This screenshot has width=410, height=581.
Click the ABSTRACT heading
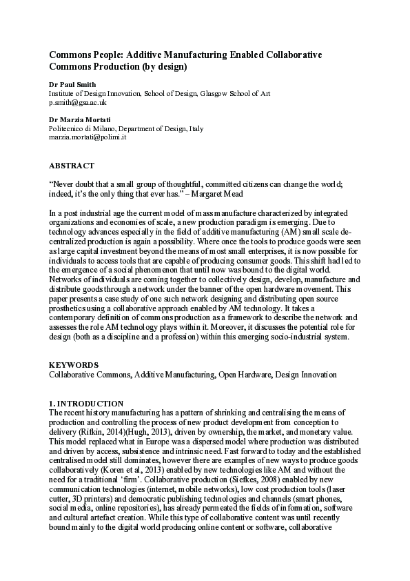(x=71, y=166)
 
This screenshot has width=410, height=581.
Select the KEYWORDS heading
(x=73, y=364)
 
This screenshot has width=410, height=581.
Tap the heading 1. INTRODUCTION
(x=86, y=403)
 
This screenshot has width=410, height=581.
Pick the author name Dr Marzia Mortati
(x=77, y=119)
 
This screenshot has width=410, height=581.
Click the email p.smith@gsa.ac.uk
(x=77, y=101)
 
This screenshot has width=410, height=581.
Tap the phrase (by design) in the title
(x=163, y=67)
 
